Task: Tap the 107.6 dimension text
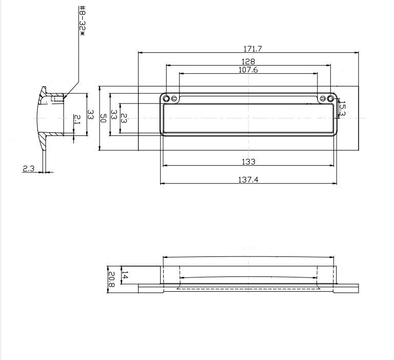248,70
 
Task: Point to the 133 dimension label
248,162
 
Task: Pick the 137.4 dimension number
248,180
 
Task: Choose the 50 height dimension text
103,117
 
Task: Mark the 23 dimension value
124,117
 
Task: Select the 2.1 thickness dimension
77,120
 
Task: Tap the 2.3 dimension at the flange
28,168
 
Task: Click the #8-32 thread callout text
82,21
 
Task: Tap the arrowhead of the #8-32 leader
64,97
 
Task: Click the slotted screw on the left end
174,98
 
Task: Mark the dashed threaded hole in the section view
57,98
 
